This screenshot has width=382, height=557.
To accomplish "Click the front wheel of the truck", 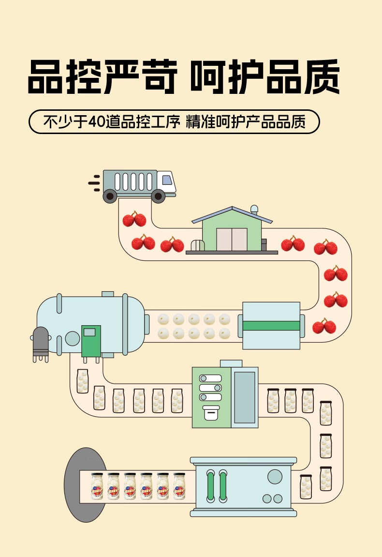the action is pos(158,196).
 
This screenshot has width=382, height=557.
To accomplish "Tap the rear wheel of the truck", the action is pos(110,196).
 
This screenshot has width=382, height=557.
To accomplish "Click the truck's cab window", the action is pos(167,180).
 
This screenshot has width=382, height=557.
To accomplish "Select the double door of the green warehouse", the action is pos(232,239).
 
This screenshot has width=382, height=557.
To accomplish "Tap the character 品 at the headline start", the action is pos(47,77).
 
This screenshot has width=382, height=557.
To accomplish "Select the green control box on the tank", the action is pos(91,341).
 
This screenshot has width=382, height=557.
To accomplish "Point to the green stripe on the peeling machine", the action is pos(271,325).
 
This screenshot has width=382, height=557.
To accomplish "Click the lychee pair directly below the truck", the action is pos(134,220).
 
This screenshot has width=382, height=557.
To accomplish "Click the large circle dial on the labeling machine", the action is pos(275,477).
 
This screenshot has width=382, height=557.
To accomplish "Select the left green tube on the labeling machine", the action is pos(210,485).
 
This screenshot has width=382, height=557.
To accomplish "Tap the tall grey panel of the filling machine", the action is pos(244,397).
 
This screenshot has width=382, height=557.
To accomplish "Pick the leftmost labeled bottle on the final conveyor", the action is pos(97,487).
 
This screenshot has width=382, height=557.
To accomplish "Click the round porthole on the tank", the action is pos(73,338).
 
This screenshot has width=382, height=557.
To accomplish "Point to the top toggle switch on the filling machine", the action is pos(210,378).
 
